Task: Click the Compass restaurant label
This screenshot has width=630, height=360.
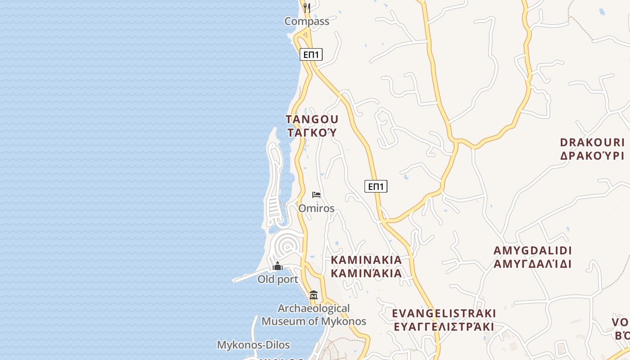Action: point(307,21)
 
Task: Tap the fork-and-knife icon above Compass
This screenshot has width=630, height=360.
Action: point(306,8)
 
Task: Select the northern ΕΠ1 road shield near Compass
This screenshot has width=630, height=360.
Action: point(311,55)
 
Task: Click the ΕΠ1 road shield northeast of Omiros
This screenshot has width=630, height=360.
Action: point(376,186)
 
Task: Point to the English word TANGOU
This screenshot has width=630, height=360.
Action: point(312,120)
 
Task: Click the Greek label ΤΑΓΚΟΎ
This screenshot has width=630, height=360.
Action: point(312,133)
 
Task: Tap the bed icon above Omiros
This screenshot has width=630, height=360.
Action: point(316,195)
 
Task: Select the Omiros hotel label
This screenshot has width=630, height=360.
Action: point(316,208)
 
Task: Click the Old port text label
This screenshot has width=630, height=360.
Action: point(278,279)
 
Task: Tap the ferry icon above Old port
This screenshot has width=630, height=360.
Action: point(278,266)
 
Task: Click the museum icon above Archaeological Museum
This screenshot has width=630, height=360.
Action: point(314,295)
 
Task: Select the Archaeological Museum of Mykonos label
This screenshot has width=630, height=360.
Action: point(314,315)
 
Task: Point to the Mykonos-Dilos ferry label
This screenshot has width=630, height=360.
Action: point(253,345)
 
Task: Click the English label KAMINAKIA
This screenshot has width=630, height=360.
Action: point(366,260)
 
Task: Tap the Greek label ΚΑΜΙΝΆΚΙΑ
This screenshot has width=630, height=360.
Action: point(366,273)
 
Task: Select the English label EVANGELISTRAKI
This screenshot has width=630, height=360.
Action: point(444,313)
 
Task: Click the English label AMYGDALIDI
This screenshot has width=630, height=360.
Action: point(532,251)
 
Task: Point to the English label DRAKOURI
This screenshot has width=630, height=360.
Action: point(592,143)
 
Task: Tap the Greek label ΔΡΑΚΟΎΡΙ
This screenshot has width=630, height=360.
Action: point(592,156)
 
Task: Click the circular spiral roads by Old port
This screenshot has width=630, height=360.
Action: point(287,246)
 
